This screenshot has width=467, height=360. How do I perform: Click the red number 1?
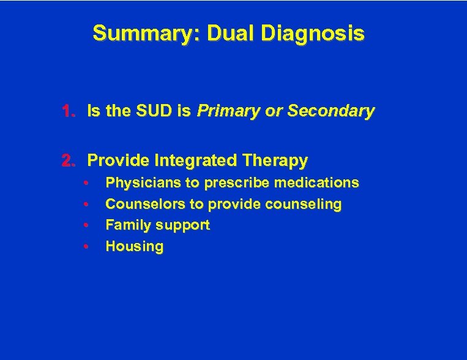(x=68, y=111)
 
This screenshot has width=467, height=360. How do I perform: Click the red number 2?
(x=68, y=161)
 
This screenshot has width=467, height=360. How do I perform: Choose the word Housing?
(x=134, y=247)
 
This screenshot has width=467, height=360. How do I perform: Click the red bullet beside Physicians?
(x=88, y=183)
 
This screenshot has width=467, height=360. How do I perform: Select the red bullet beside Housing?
(x=88, y=247)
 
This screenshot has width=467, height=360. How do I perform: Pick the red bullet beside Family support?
(x=88, y=225)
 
